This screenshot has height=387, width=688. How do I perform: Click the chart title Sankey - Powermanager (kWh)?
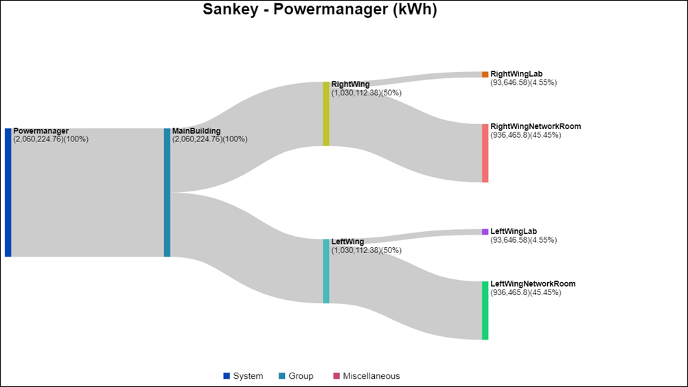tap(319, 10)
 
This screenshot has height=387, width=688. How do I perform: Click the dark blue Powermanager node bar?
tap(8, 192)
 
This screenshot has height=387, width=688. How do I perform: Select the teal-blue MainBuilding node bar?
tap(167, 192)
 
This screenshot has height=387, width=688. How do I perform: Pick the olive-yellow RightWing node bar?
tap(326, 114)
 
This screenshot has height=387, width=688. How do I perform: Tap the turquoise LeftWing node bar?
tap(326, 271)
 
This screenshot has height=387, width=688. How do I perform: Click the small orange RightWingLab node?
tap(485, 74)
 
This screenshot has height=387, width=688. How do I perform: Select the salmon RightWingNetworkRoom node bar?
tap(485, 153)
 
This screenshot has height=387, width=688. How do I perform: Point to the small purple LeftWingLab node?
tap(485, 232)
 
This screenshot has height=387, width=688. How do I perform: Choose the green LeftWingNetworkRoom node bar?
tap(485, 310)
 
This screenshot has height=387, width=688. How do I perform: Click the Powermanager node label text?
tap(41, 131)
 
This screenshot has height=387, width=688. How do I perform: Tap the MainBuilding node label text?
tap(196, 131)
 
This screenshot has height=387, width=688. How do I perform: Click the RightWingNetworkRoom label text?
tap(536, 126)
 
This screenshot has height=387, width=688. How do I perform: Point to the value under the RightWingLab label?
tap(523, 82)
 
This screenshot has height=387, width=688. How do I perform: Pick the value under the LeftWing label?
tap(366, 250)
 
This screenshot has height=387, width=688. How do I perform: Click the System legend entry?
tap(243, 376)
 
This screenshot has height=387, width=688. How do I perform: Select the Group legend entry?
tap(296, 376)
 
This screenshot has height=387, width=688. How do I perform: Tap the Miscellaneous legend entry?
tap(366, 376)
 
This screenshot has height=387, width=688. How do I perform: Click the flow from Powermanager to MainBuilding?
tap(88, 192)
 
